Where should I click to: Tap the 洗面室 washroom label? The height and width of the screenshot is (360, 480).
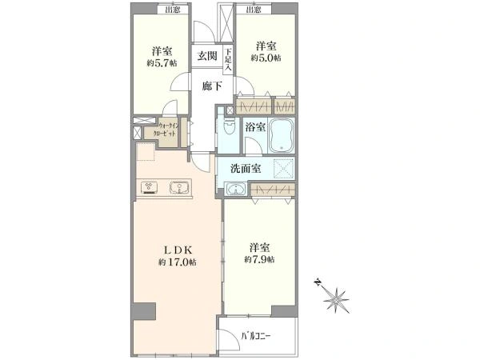click(246, 169)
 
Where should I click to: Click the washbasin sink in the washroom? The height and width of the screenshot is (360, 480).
click(237, 189)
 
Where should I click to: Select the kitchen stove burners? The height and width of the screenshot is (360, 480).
click(150, 189)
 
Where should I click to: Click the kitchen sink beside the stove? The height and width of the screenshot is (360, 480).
click(181, 189)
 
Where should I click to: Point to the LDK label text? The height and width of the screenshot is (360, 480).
click(177, 249)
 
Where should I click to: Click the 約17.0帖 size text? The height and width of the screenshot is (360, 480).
click(178, 262)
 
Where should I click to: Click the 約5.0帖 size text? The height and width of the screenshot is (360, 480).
click(266, 57)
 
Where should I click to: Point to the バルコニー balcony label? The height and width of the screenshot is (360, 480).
click(256, 337)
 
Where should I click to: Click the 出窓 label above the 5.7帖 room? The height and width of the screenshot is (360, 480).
click(172, 10)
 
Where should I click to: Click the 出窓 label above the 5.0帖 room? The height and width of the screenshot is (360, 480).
click(254, 10)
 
